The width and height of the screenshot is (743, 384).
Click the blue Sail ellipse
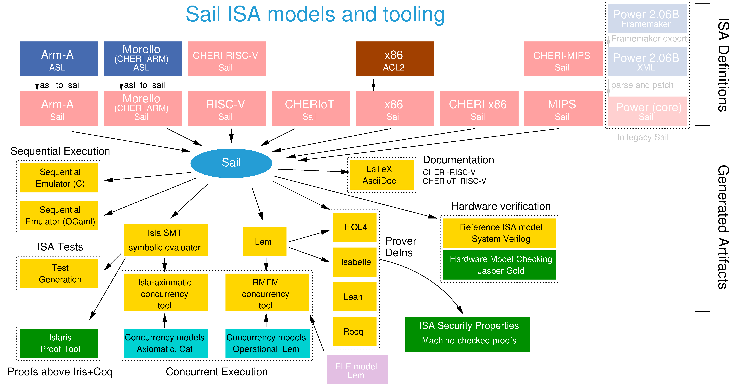pyautogui.click(x=231, y=163)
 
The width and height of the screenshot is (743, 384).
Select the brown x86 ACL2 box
pyautogui.click(x=395, y=59)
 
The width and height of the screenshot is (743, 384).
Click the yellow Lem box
pyautogui.click(x=264, y=242)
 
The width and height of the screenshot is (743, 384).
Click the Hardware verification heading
pyautogui.click(x=501, y=206)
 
